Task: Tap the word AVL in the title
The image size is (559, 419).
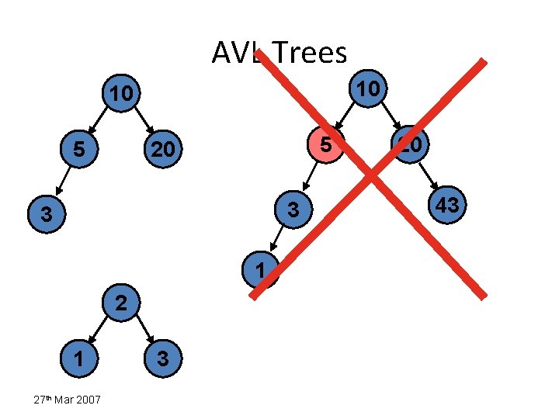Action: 236,53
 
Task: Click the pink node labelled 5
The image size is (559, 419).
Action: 327,145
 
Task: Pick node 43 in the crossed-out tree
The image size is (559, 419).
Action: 448,205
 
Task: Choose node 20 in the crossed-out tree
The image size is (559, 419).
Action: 410,144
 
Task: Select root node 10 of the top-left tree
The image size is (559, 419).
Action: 120,95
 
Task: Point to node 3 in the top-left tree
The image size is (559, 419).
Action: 47,213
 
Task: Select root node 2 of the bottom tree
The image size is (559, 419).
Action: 120,303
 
